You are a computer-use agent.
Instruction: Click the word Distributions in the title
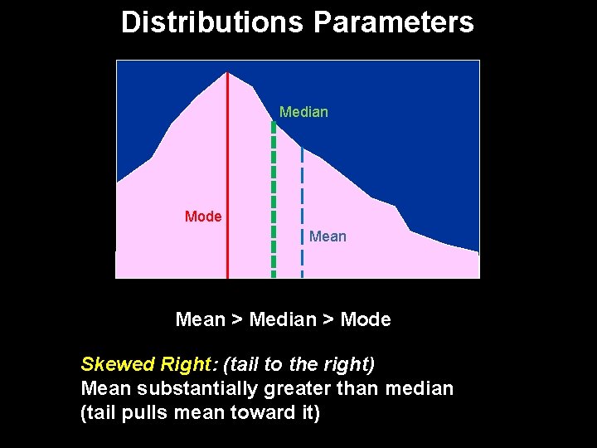coord(212,22)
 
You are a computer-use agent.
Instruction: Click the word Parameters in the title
coord(393,22)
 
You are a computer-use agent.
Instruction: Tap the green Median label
coord(303,112)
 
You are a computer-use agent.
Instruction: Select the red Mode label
coord(203,217)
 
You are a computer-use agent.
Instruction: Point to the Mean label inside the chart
coord(328,236)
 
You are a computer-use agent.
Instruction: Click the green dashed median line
coord(274,199)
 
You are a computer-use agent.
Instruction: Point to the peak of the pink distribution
coord(228,74)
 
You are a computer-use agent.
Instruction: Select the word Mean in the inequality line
coord(201,319)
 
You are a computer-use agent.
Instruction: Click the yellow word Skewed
coord(112,364)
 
